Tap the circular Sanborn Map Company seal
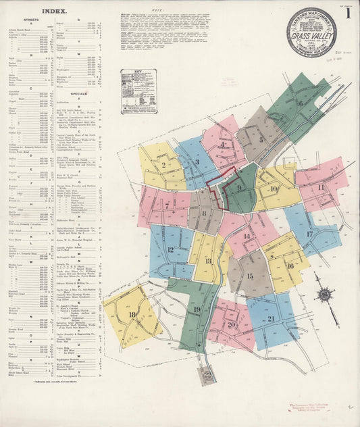point(311,31)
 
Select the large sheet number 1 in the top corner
point(349,14)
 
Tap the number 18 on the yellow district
point(132,315)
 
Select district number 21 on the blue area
point(272,318)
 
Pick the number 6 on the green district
point(300,103)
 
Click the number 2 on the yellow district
point(163,164)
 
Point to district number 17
point(309,234)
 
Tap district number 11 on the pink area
point(321,187)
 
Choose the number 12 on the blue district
point(170,249)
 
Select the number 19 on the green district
point(197,309)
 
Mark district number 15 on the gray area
point(250,276)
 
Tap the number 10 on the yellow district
point(274,189)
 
